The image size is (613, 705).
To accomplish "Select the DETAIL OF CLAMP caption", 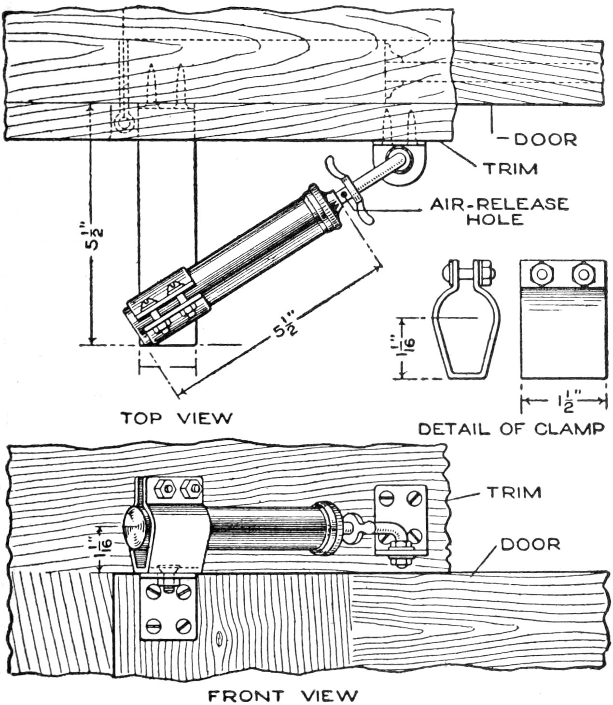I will click(511, 428).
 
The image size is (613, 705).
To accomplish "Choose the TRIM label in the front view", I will click(514, 492).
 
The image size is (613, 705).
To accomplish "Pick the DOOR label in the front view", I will click(530, 544).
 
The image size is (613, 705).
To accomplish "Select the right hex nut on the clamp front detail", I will click(583, 274).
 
